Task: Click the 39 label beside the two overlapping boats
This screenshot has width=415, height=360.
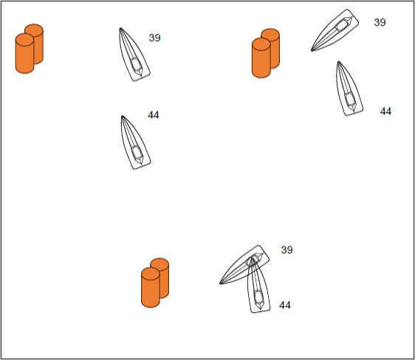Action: [x=287, y=250]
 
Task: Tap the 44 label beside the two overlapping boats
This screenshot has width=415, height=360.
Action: [x=285, y=305]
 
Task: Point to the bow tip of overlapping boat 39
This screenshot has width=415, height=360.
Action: [x=220, y=283]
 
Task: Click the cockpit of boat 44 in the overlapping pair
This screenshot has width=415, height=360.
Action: [x=258, y=297]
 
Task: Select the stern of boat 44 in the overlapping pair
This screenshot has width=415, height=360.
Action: [x=261, y=311]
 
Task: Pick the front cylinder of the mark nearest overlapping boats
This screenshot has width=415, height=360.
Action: [x=151, y=287]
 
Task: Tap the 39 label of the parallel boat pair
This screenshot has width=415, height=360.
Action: [x=154, y=38]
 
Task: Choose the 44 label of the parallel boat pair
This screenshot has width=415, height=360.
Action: [x=154, y=115]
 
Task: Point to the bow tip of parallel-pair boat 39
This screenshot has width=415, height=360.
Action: [x=120, y=28]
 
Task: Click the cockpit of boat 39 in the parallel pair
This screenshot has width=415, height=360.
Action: [x=136, y=64]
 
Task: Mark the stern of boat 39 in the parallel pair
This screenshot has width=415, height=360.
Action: [x=141, y=77]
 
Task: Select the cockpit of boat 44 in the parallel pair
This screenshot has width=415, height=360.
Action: [x=137, y=152]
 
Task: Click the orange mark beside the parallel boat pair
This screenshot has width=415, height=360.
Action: [x=29, y=49]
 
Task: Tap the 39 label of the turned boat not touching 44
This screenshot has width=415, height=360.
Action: [x=380, y=22]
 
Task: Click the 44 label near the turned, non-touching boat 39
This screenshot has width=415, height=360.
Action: [x=385, y=111]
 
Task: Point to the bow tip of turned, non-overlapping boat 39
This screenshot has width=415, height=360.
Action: [x=312, y=50]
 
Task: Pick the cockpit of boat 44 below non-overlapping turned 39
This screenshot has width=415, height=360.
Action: [x=350, y=99]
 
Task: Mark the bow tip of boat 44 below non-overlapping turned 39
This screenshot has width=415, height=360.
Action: [x=338, y=62]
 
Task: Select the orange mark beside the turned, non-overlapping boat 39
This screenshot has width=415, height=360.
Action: [x=265, y=53]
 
